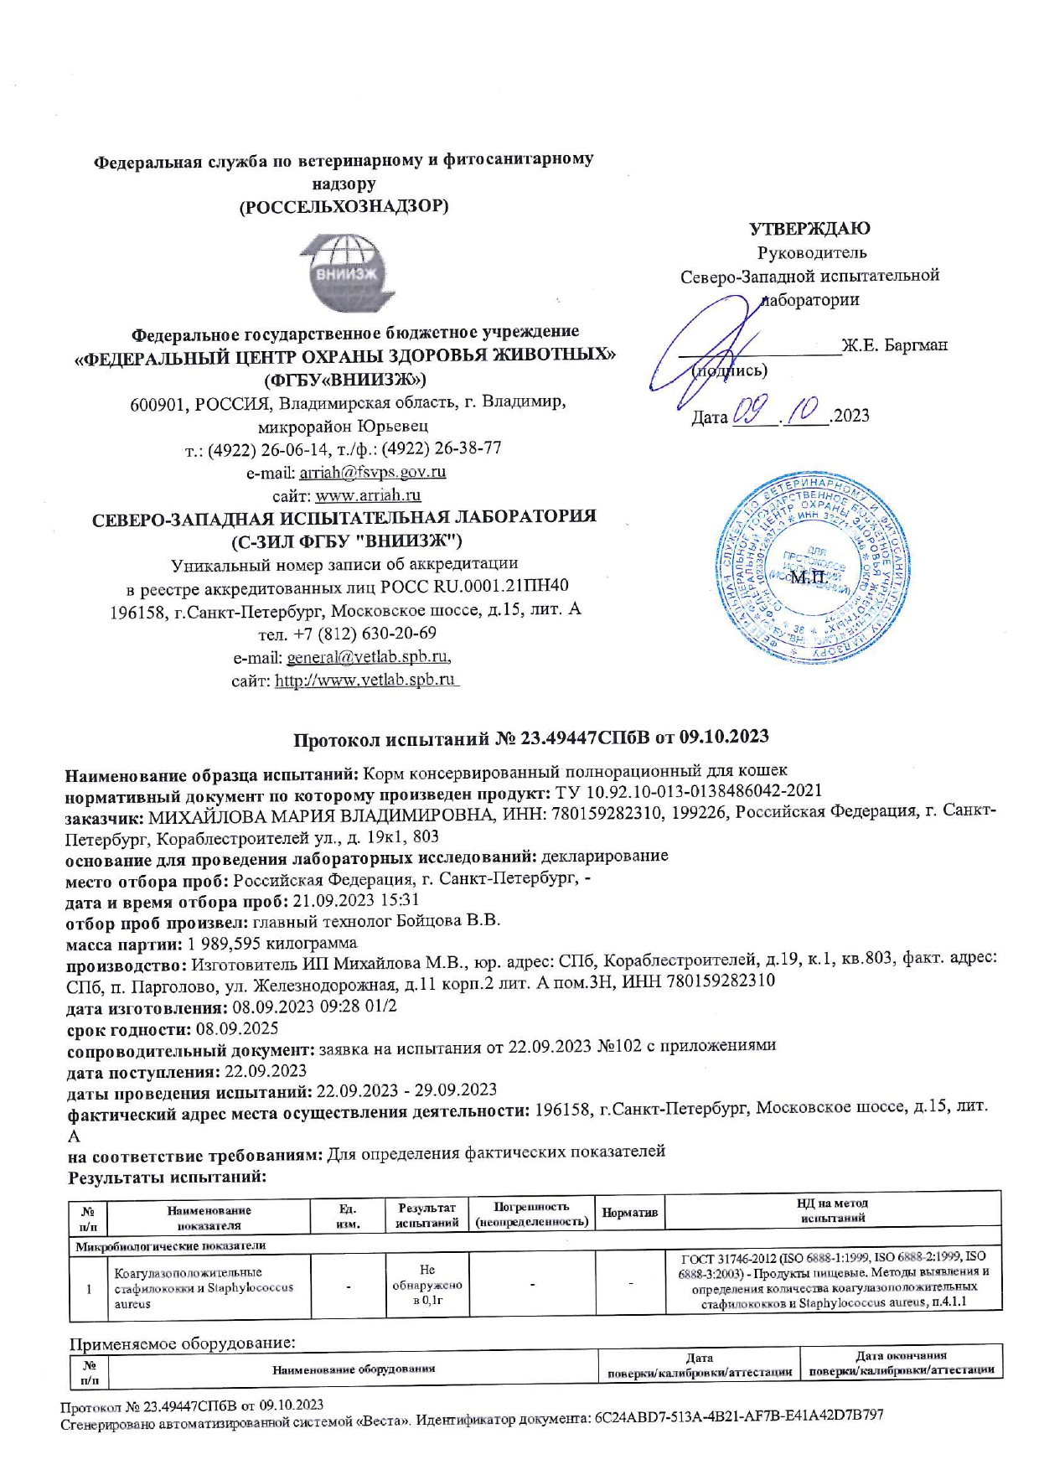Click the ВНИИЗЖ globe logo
344,273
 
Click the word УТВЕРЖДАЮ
809,228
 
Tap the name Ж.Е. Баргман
894,345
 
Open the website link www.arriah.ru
368,495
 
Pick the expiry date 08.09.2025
237,1028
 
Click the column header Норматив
629,1213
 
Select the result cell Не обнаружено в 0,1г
427,1285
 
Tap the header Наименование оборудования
354,1369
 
